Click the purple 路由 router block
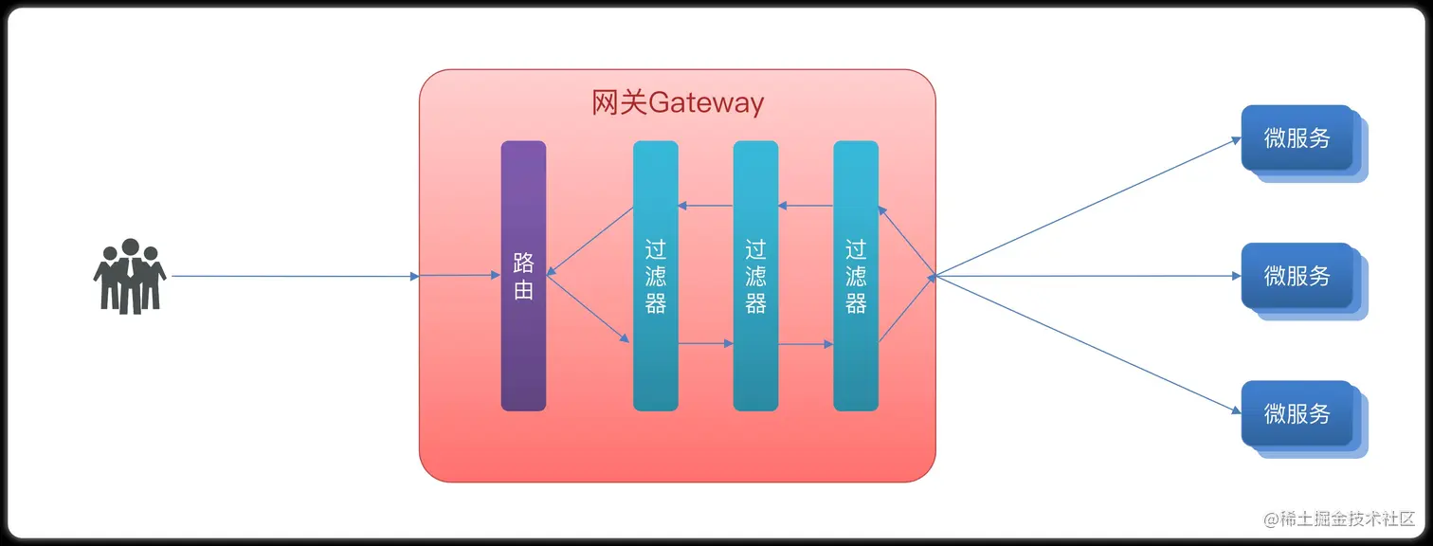523,360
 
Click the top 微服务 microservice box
1297,138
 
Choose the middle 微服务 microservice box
1297,276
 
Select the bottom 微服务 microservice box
1297,414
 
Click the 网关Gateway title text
678,102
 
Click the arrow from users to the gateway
294,277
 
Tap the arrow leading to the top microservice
1090,206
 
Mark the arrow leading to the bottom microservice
1090,346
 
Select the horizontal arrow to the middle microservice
1090,277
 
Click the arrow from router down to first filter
588,309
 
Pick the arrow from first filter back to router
590,241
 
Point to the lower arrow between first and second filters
706,343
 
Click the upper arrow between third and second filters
806,206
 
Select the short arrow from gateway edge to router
460,277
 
